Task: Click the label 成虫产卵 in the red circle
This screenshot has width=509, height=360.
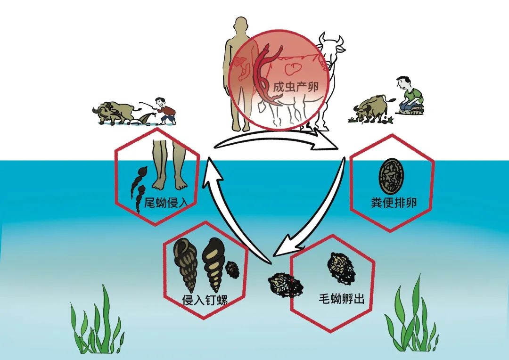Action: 296,87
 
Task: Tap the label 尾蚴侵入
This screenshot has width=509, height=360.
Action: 166,203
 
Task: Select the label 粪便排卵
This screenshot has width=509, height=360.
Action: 394,203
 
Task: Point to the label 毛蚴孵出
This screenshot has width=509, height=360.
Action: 341,298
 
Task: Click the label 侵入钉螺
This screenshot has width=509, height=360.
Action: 205,300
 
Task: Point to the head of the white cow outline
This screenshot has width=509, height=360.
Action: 331,45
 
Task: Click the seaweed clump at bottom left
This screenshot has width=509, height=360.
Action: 97,321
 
